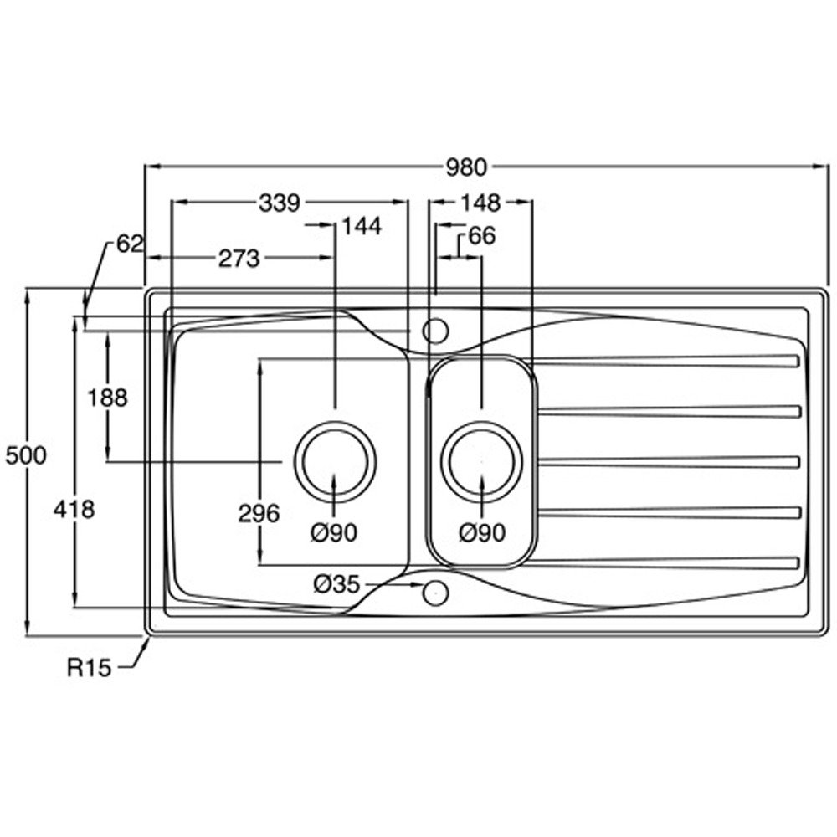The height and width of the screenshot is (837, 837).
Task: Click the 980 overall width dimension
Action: [x=465, y=167]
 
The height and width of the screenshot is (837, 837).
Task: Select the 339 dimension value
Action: [x=280, y=203]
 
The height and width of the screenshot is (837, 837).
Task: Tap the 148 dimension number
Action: [x=480, y=203]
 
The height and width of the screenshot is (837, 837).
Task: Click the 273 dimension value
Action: [x=239, y=259]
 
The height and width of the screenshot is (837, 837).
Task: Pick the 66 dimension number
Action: [x=481, y=237]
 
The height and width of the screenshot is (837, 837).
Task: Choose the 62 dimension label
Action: [x=130, y=244]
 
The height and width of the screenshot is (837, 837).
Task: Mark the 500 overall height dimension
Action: [x=24, y=456]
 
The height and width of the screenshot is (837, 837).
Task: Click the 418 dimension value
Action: [x=73, y=508]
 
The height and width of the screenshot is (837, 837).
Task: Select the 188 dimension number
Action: [x=108, y=398]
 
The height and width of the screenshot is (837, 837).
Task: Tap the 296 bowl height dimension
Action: [x=259, y=514]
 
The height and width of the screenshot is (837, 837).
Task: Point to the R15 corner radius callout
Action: [x=89, y=668]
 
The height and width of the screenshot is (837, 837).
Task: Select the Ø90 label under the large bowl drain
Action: [x=335, y=531]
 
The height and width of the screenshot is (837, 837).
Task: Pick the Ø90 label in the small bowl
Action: [x=483, y=531]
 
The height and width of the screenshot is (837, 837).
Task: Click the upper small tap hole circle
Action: [x=435, y=331]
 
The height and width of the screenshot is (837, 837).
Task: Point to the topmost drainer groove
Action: [x=665, y=362]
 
